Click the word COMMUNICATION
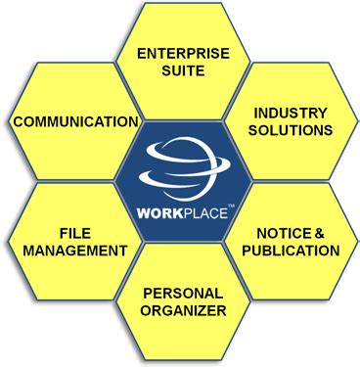tap(75, 122)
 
